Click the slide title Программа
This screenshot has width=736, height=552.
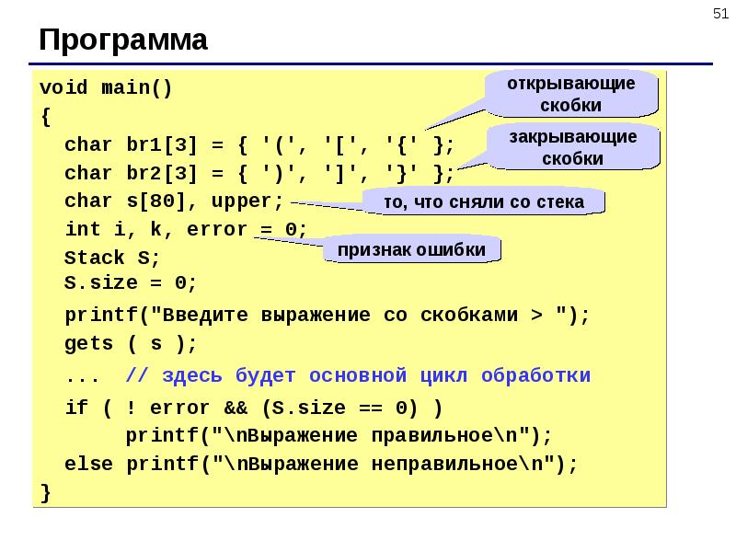click(123, 40)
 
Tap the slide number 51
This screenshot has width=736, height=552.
click(720, 14)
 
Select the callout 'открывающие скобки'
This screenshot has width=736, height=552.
click(571, 94)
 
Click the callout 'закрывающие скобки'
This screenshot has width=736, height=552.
click(573, 147)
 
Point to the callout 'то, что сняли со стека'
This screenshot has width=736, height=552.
click(484, 201)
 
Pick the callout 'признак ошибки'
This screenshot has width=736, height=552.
click(411, 249)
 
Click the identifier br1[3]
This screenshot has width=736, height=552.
click(162, 145)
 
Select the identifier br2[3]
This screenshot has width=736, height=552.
click(162, 173)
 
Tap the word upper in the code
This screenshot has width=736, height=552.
click(241, 202)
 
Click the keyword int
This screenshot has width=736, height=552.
click(83, 229)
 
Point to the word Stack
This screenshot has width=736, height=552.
click(95, 258)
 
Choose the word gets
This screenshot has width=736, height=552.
click(88, 344)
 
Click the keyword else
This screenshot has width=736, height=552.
click(88, 464)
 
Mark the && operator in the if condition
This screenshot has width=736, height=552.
click(236, 408)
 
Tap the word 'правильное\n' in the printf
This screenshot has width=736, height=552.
click(444, 435)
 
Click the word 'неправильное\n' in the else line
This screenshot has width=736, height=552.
click(457, 465)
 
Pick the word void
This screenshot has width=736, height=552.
click(63, 87)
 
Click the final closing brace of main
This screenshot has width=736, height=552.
click(45, 493)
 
